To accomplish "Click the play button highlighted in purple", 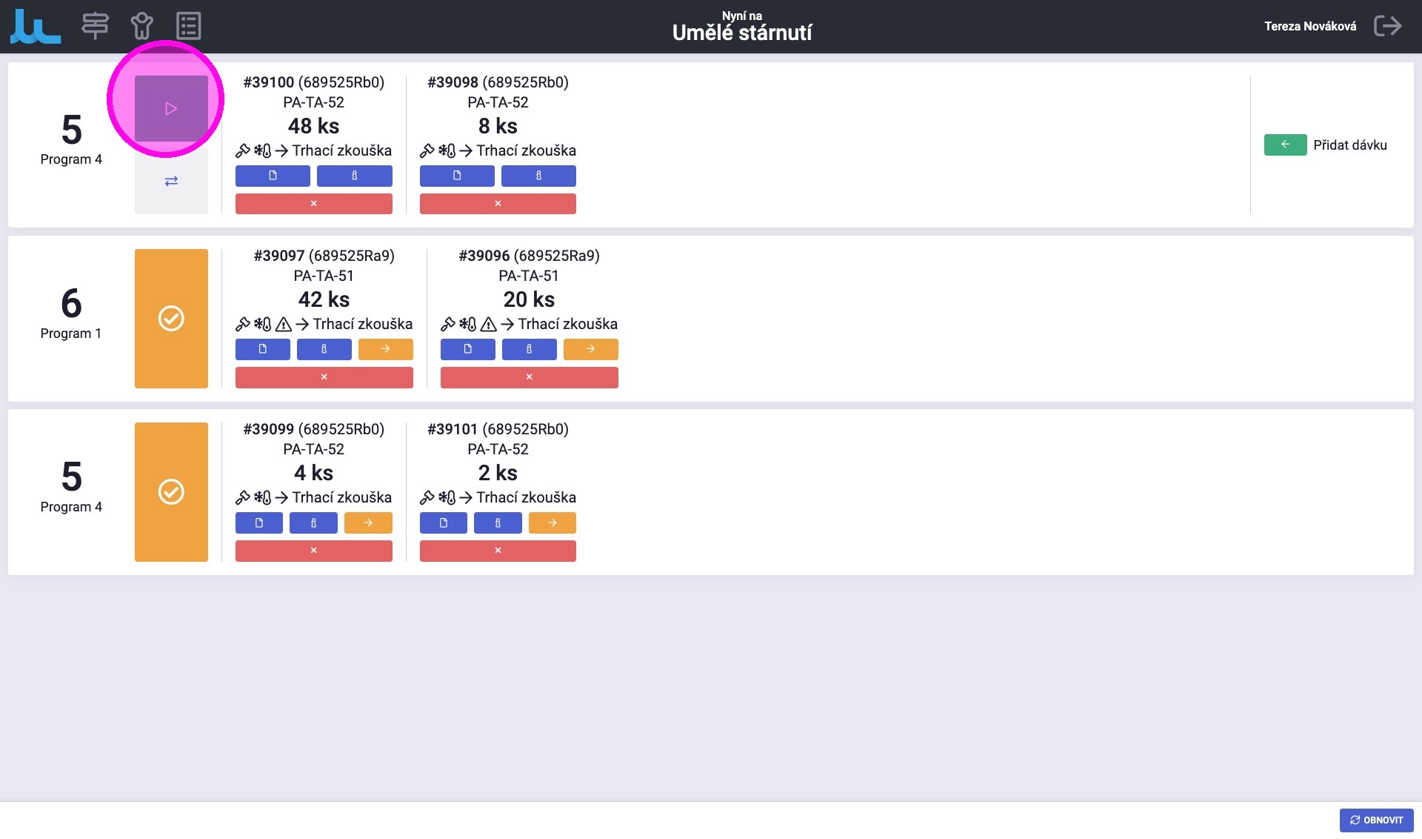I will tap(171, 108).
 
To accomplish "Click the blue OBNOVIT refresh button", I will tap(1376, 820).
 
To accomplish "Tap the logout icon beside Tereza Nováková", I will tap(1387, 26).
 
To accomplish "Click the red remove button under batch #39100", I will tap(313, 203).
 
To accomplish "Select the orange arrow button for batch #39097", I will tap(385, 349).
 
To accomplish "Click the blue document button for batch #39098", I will tap(456, 176).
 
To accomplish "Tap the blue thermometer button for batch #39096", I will tap(529, 349).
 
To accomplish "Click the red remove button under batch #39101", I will tap(498, 551).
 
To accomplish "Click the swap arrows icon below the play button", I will tap(171, 181).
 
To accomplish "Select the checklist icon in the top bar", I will tap(188, 26).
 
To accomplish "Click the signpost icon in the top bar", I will tap(95, 26).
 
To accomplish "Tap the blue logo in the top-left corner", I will tap(36, 27).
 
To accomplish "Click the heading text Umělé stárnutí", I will tap(741, 33).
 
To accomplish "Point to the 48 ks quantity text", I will tap(313, 126).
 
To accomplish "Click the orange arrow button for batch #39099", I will tap(368, 523).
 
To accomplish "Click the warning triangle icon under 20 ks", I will tap(488, 324).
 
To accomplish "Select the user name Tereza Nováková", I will tap(1309, 26).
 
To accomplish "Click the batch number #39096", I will tap(484, 256).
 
